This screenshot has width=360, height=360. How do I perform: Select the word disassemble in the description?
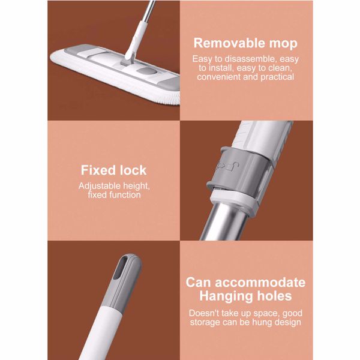pyautogui.click(x=251, y=59)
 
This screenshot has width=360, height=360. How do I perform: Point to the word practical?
pyautogui.click(x=277, y=77)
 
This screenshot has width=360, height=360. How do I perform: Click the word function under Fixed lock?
pyautogui.click(x=125, y=195)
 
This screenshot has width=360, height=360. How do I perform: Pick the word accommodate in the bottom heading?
pyautogui.click(x=260, y=283)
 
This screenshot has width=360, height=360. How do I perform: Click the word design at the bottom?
pyautogui.click(x=289, y=322)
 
